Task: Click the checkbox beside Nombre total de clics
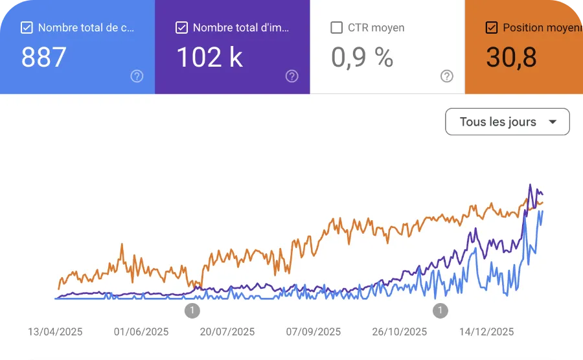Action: coord(27,28)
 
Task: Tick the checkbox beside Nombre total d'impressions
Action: coord(182,28)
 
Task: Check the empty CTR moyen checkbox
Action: coord(337,28)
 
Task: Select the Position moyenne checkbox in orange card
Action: coord(492,28)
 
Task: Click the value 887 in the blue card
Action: coord(44,58)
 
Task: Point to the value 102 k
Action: coord(209,58)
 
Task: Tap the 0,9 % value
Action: coord(362,58)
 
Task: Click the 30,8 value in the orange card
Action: coord(511,58)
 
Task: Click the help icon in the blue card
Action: coord(137,76)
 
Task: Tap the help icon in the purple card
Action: coord(292,76)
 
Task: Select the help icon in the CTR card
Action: coord(447,76)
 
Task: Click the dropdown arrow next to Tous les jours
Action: coord(553,122)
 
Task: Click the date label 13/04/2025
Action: coord(55,332)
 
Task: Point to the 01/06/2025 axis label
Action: coord(141,332)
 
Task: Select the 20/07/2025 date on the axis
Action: coord(227,332)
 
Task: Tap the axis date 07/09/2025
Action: coord(314,332)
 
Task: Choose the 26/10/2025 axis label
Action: coord(400,332)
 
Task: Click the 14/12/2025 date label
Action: coord(486,332)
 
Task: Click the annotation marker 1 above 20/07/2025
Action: coord(192,311)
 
